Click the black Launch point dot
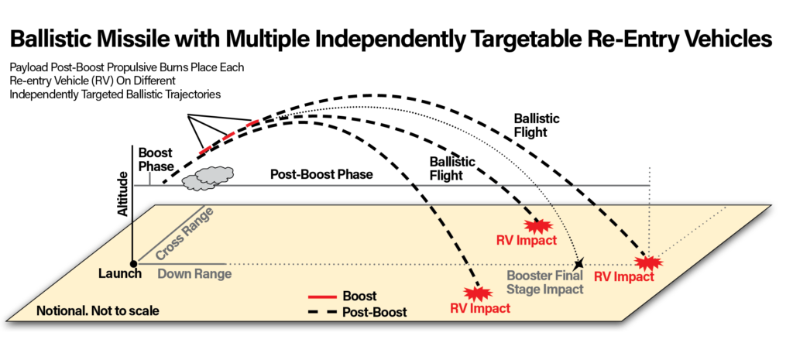[x=133, y=264]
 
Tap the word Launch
[x=120, y=274]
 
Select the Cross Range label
[x=184, y=235]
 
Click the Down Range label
[x=194, y=274]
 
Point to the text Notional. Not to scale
[x=98, y=311]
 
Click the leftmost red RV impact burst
[x=478, y=293]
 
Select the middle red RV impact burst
[x=536, y=226]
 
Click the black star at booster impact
[x=579, y=265]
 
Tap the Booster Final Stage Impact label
[x=544, y=283]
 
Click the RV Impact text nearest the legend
[x=480, y=308]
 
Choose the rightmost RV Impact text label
[x=624, y=277]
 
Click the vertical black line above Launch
[x=133, y=241]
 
